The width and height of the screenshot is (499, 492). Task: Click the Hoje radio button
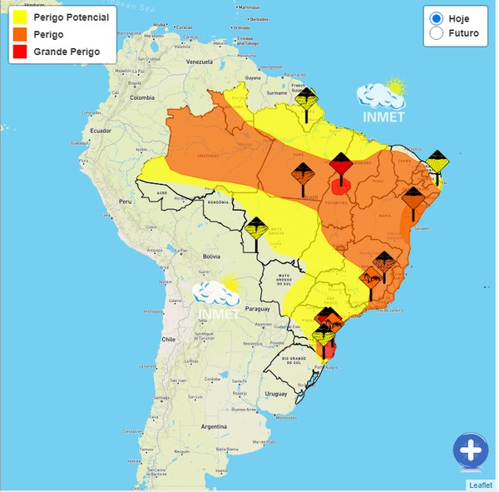coord(436,18)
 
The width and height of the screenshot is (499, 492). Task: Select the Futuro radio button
coord(436,34)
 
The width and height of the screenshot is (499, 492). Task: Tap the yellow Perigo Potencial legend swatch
coord(20,17)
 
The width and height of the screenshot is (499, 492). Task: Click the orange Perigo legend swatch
coord(20,34)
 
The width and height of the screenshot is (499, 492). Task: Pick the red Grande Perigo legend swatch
coord(20,52)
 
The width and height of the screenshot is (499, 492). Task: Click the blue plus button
coord(471,451)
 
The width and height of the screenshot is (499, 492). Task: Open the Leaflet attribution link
coord(481,485)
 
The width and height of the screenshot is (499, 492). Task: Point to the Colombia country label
coord(142,97)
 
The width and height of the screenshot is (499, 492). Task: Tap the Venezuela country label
coord(200,63)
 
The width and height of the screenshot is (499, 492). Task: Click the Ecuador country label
coord(101,132)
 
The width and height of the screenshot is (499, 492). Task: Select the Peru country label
coord(126,202)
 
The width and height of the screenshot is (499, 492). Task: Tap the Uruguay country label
coord(275,392)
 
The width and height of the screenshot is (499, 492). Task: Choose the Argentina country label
coord(214,426)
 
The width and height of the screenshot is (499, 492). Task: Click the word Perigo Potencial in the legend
coord(71,17)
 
